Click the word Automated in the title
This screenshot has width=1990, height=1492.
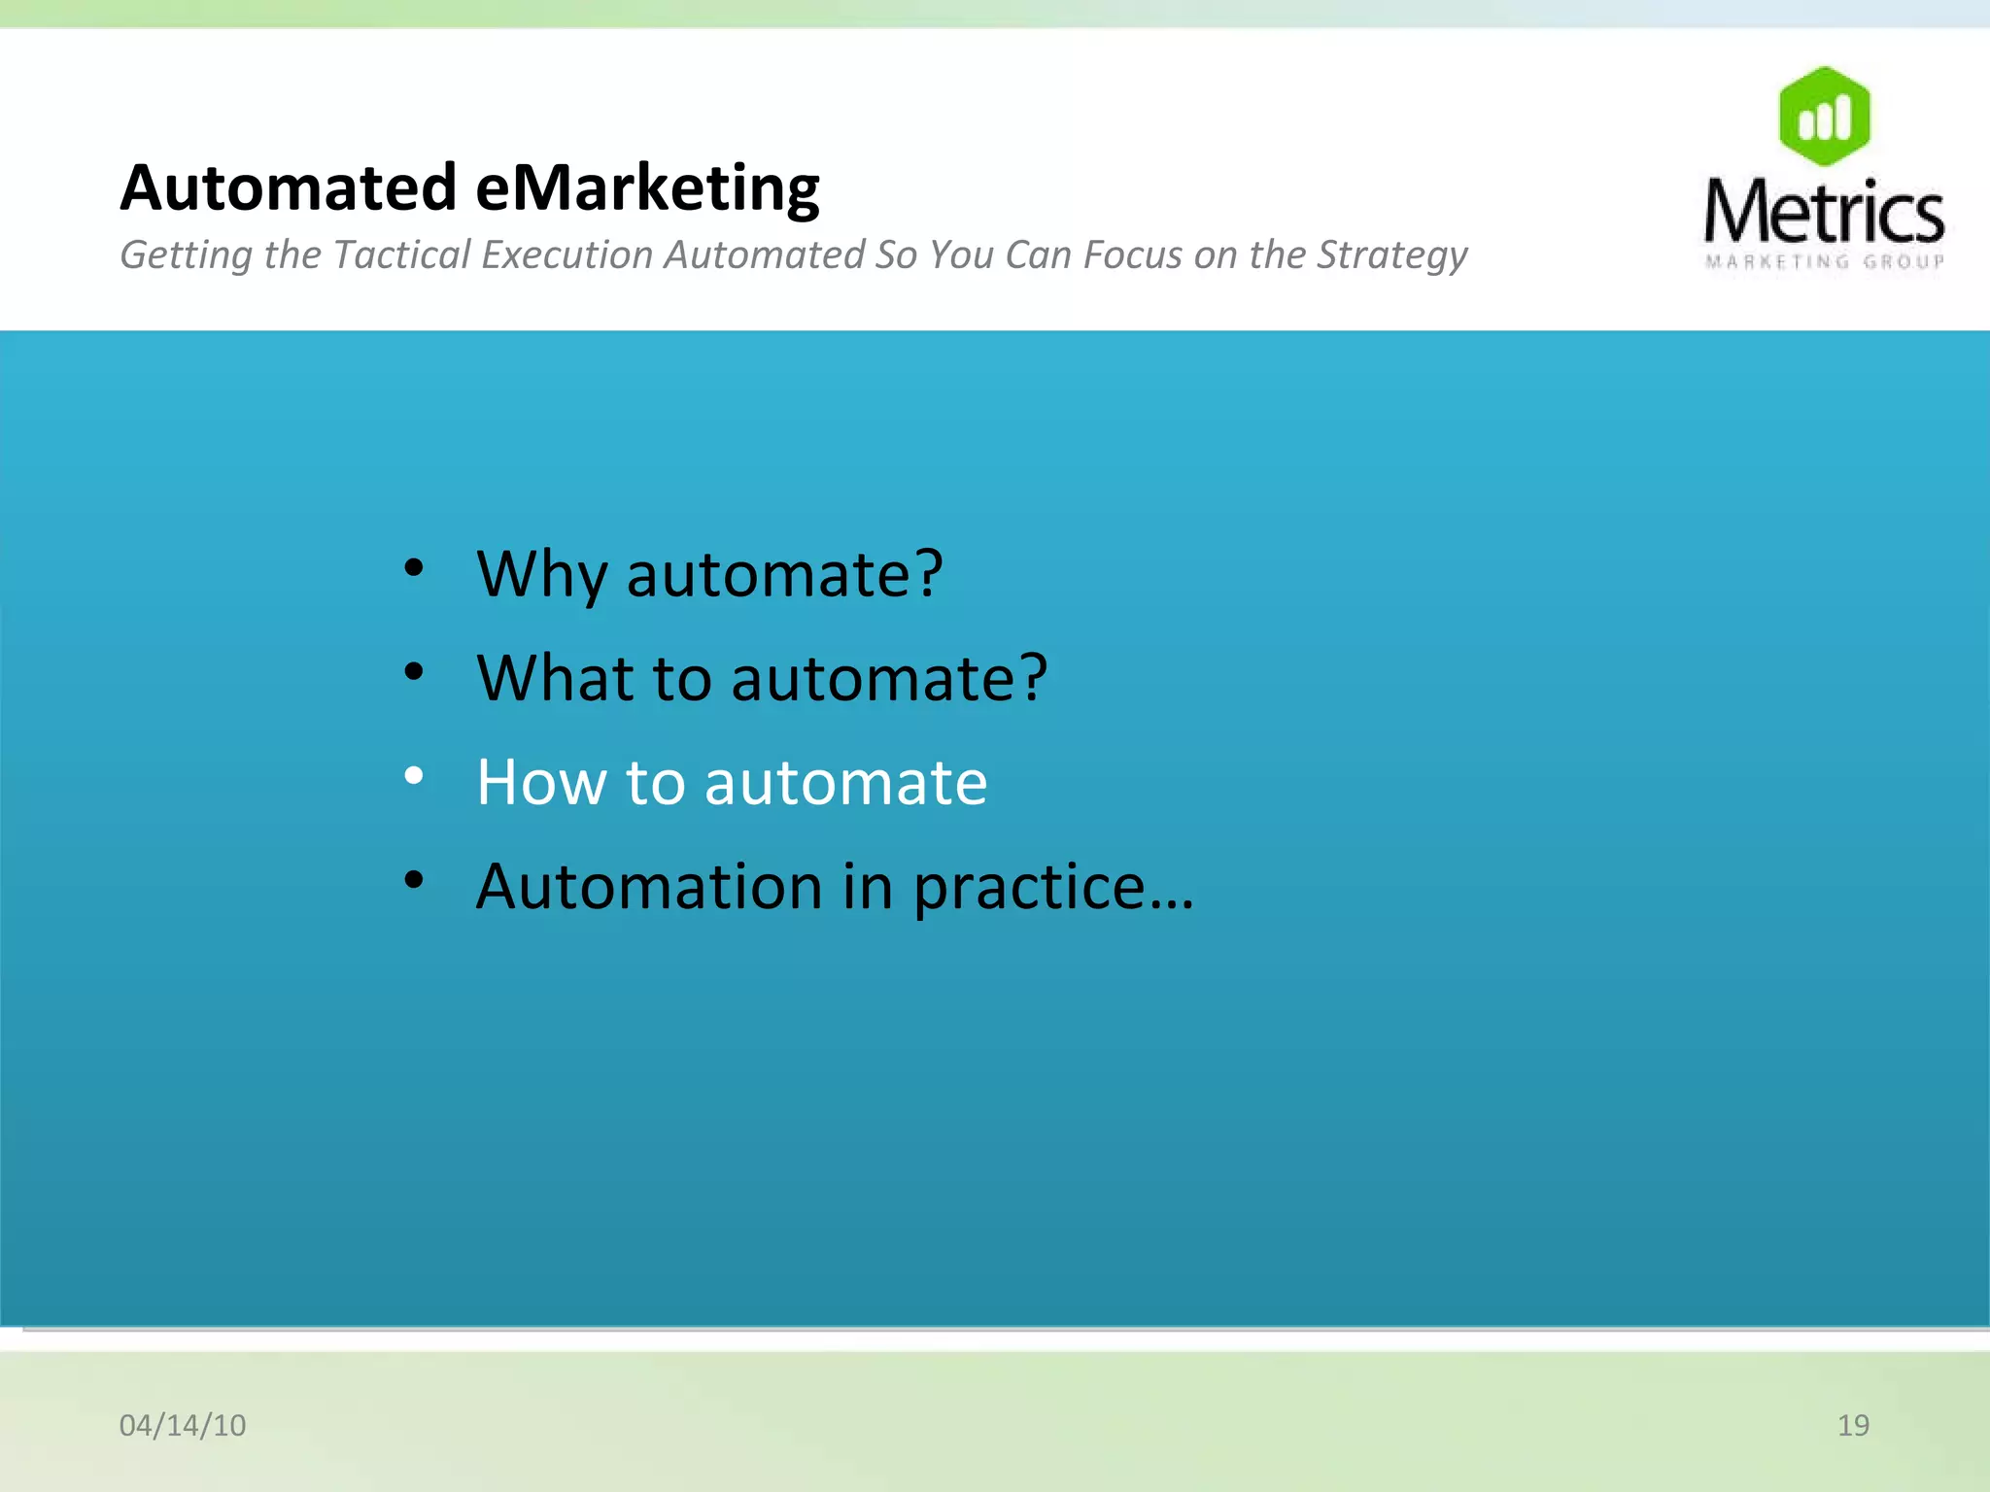(x=288, y=187)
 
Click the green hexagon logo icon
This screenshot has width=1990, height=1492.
(x=1824, y=117)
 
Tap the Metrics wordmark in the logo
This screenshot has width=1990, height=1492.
(x=1824, y=213)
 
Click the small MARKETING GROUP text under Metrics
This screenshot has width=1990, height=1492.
(x=1824, y=261)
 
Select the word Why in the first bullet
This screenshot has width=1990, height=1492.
(x=541, y=575)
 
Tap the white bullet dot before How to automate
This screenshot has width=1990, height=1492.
(x=415, y=775)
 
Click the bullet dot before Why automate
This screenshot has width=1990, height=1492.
(x=415, y=567)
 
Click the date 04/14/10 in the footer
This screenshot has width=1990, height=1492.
(x=183, y=1425)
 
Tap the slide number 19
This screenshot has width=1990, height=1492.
(x=1853, y=1425)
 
